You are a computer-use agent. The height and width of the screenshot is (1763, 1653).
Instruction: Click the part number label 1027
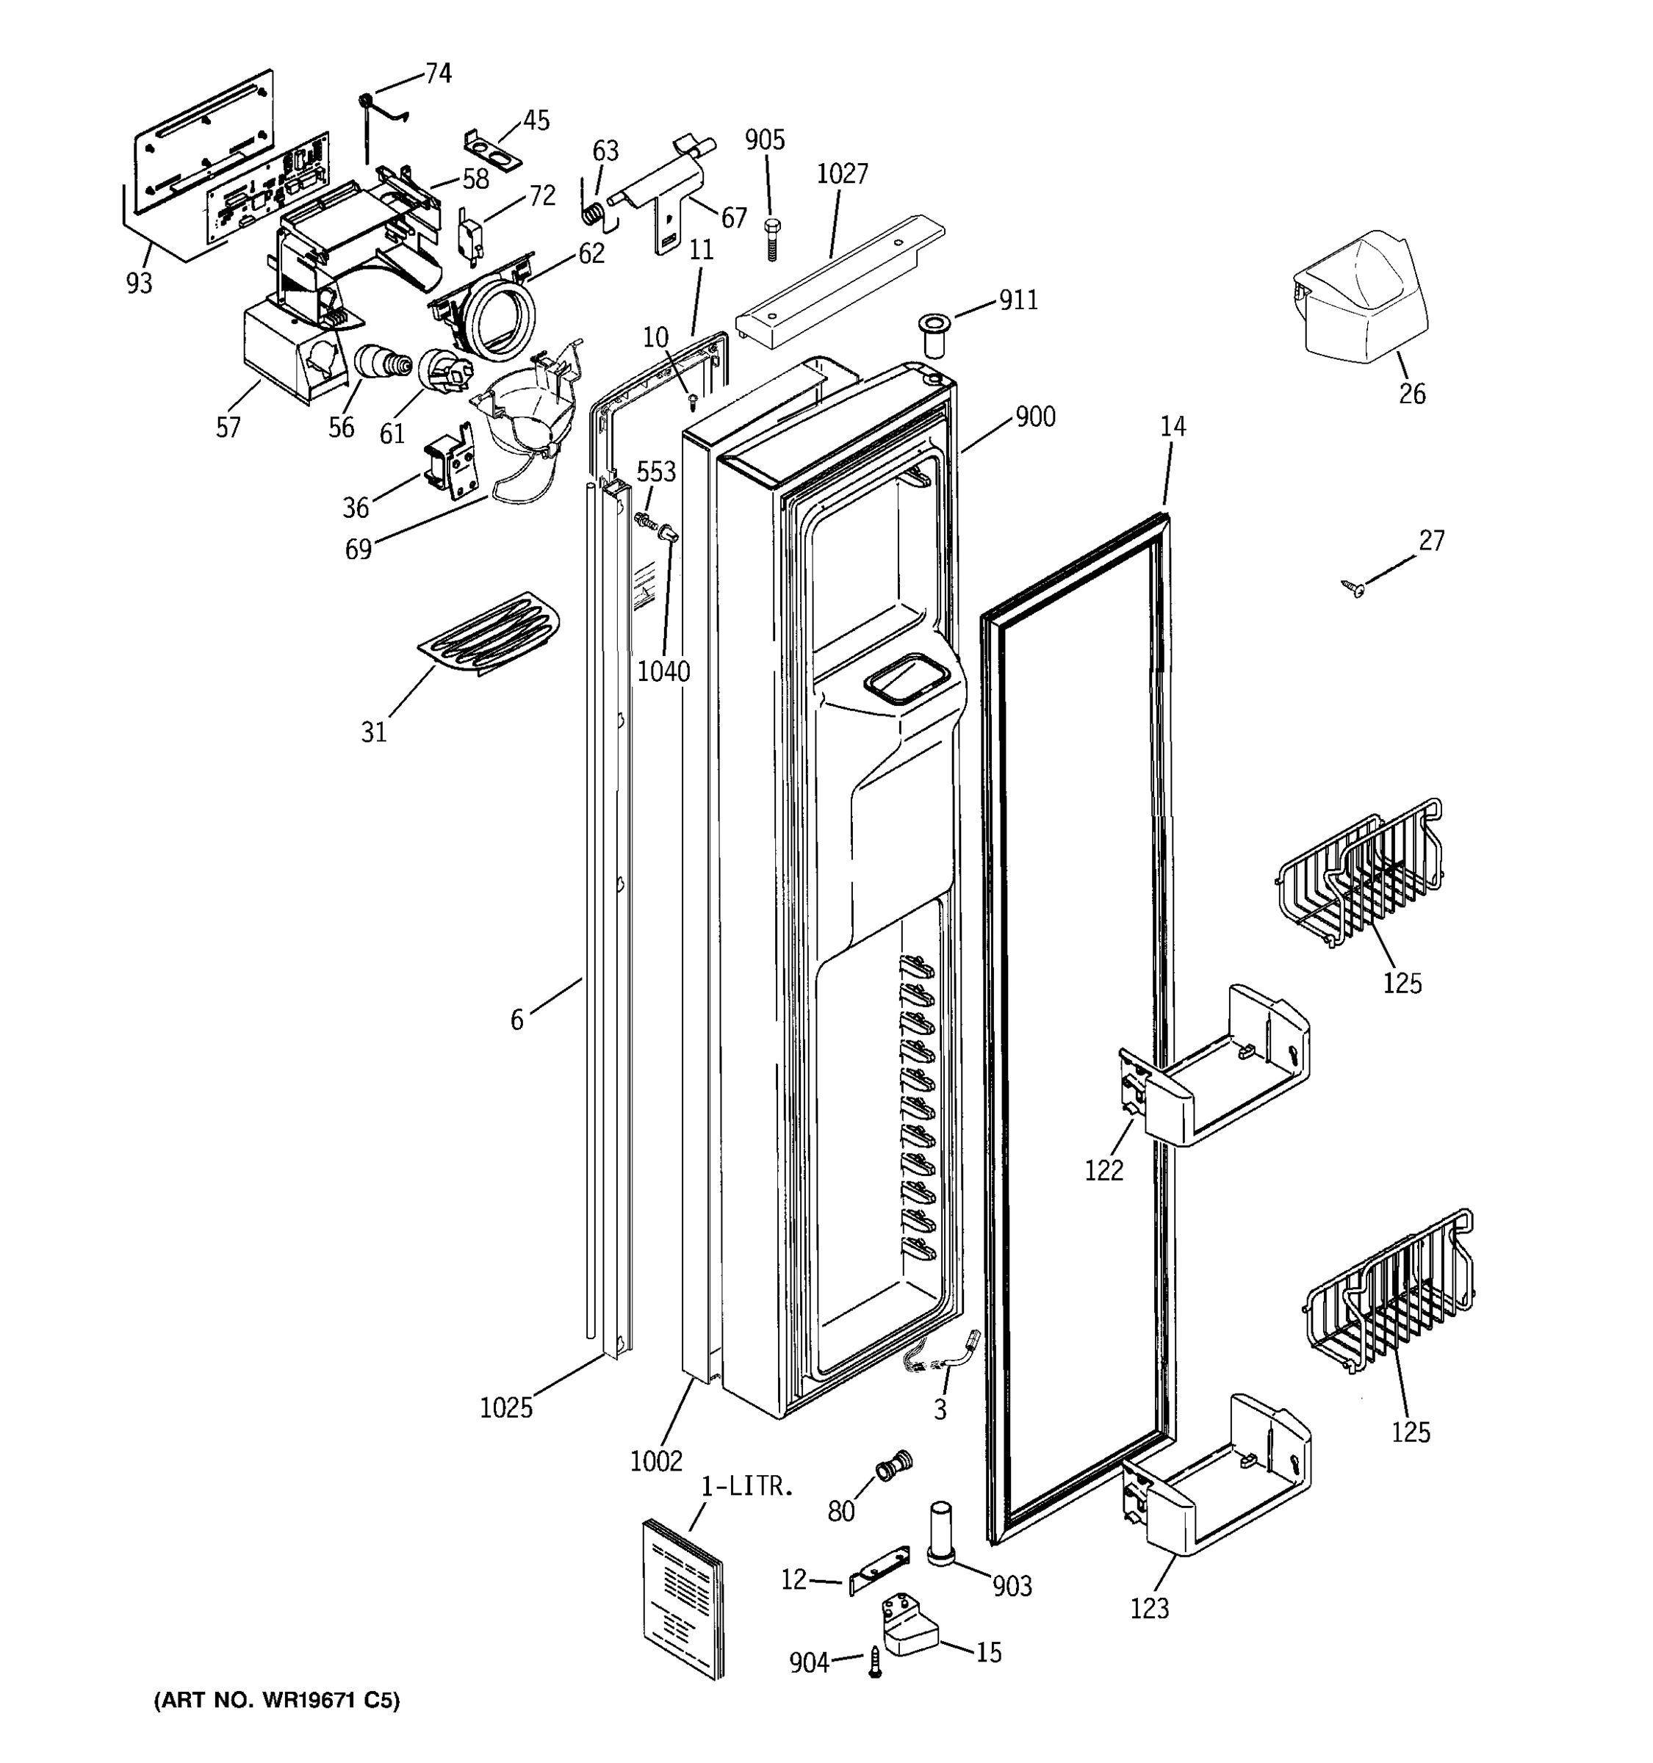pos(842,174)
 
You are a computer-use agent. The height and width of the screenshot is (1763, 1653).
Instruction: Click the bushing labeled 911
pos(932,334)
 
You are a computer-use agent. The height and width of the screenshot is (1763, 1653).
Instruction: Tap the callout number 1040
pos(663,671)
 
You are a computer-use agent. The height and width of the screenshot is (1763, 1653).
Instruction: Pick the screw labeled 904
pos(875,1661)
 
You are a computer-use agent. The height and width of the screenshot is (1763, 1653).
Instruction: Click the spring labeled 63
pos(597,214)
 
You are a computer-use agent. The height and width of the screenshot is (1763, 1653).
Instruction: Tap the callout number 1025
pos(505,1407)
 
